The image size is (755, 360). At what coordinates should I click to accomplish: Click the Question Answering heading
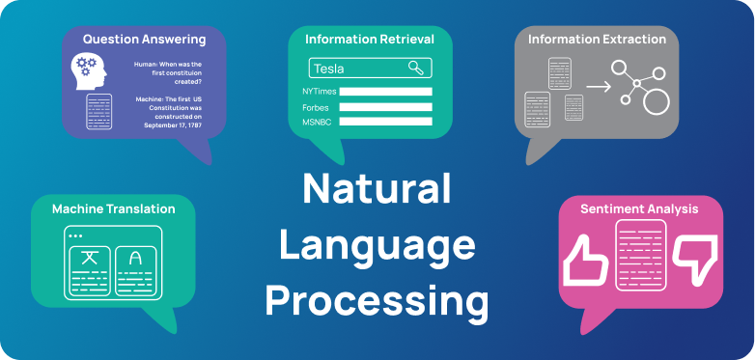click(144, 40)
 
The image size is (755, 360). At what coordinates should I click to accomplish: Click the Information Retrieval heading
click(369, 40)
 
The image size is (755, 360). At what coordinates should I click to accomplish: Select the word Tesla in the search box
click(329, 69)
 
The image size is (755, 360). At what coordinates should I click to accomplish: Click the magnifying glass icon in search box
click(416, 68)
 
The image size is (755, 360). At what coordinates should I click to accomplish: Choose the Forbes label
click(315, 107)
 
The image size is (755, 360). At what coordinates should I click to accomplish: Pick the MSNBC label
click(317, 122)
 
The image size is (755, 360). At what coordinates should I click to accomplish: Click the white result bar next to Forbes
click(385, 107)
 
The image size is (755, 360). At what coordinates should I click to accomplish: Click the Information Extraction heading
click(597, 40)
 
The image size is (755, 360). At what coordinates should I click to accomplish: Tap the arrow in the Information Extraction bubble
click(599, 87)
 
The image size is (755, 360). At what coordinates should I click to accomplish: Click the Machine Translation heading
click(113, 208)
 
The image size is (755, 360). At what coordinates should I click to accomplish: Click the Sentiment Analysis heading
click(639, 208)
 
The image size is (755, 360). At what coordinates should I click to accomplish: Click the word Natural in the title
click(377, 188)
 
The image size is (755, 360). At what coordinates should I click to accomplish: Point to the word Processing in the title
click(377, 301)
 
